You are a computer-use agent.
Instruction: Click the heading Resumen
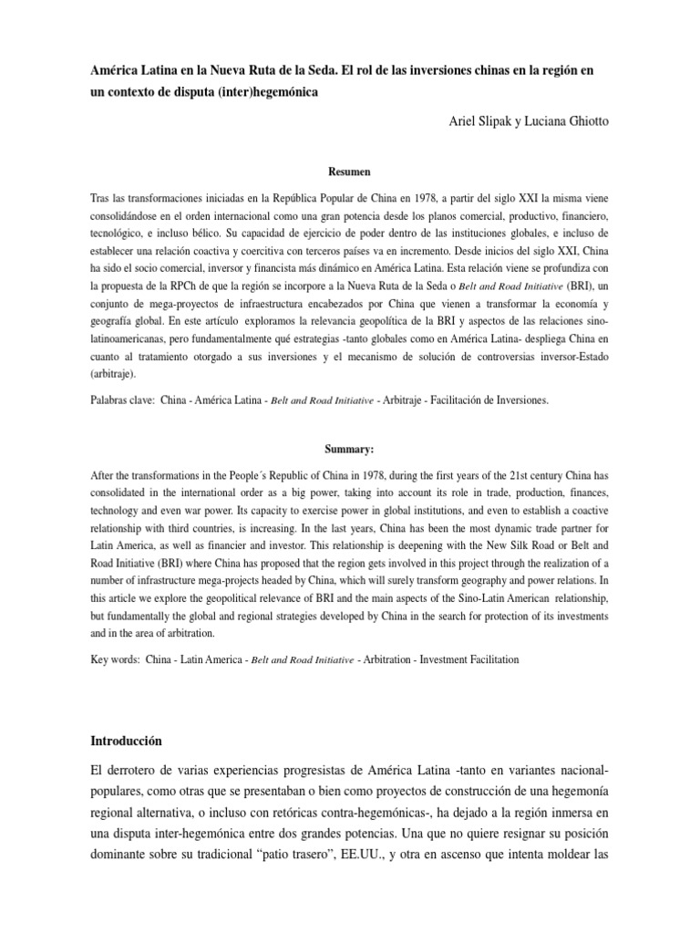click(350, 171)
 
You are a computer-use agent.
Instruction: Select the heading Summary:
click(350, 449)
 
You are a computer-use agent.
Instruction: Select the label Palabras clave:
click(122, 400)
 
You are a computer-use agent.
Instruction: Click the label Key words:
click(116, 659)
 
